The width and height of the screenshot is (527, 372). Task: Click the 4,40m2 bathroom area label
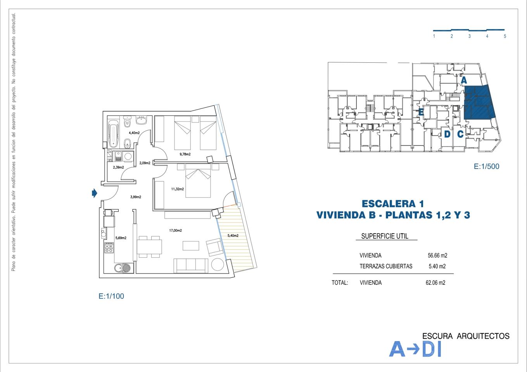pyautogui.click(x=134, y=133)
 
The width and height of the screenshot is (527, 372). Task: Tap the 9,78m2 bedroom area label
pyautogui.click(x=185, y=154)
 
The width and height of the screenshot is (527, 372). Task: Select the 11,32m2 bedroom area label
pyautogui.click(x=178, y=189)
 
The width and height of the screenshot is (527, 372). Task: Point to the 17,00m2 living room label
pyautogui.click(x=176, y=231)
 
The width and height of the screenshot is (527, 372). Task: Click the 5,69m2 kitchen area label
pyautogui.click(x=121, y=238)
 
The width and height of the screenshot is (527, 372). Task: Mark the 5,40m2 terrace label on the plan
pyautogui.click(x=233, y=236)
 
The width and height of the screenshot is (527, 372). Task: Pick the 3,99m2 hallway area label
pyautogui.click(x=136, y=197)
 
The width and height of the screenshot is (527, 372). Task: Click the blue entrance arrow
pyautogui.click(x=94, y=193)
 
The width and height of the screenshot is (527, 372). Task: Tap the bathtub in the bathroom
pyautogui.click(x=113, y=134)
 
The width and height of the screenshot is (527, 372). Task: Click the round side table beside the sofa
pyautogui.click(x=218, y=265)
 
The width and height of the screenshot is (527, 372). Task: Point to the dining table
pyautogui.click(x=150, y=247)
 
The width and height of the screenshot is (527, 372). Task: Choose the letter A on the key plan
pyautogui.click(x=463, y=81)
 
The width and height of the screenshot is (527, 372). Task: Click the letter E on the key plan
pyautogui.click(x=421, y=112)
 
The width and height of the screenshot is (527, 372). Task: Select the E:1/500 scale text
pyautogui.click(x=486, y=167)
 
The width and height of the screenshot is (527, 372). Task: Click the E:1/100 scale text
pyautogui.click(x=111, y=296)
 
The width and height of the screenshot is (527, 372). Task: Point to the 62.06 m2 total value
pyautogui.click(x=435, y=282)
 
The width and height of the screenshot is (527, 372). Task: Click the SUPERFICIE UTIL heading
pyautogui.click(x=385, y=236)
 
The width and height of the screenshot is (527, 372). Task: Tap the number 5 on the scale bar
pyautogui.click(x=505, y=36)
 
